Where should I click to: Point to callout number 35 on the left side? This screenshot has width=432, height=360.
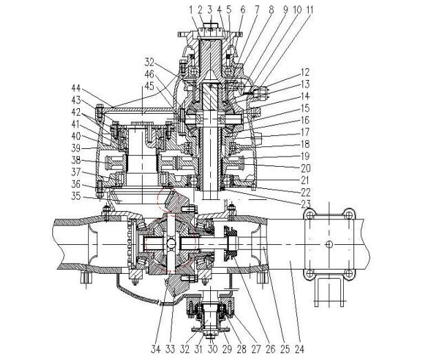pyautogui.click(x=77, y=197)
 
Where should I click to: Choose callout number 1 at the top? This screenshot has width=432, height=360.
pyautogui.click(x=188, y=10)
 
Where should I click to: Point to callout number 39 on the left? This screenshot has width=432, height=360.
pyautogui.click(x=77, y=147)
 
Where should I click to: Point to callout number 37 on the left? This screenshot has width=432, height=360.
pyautogui.click(x=77, y=172)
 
